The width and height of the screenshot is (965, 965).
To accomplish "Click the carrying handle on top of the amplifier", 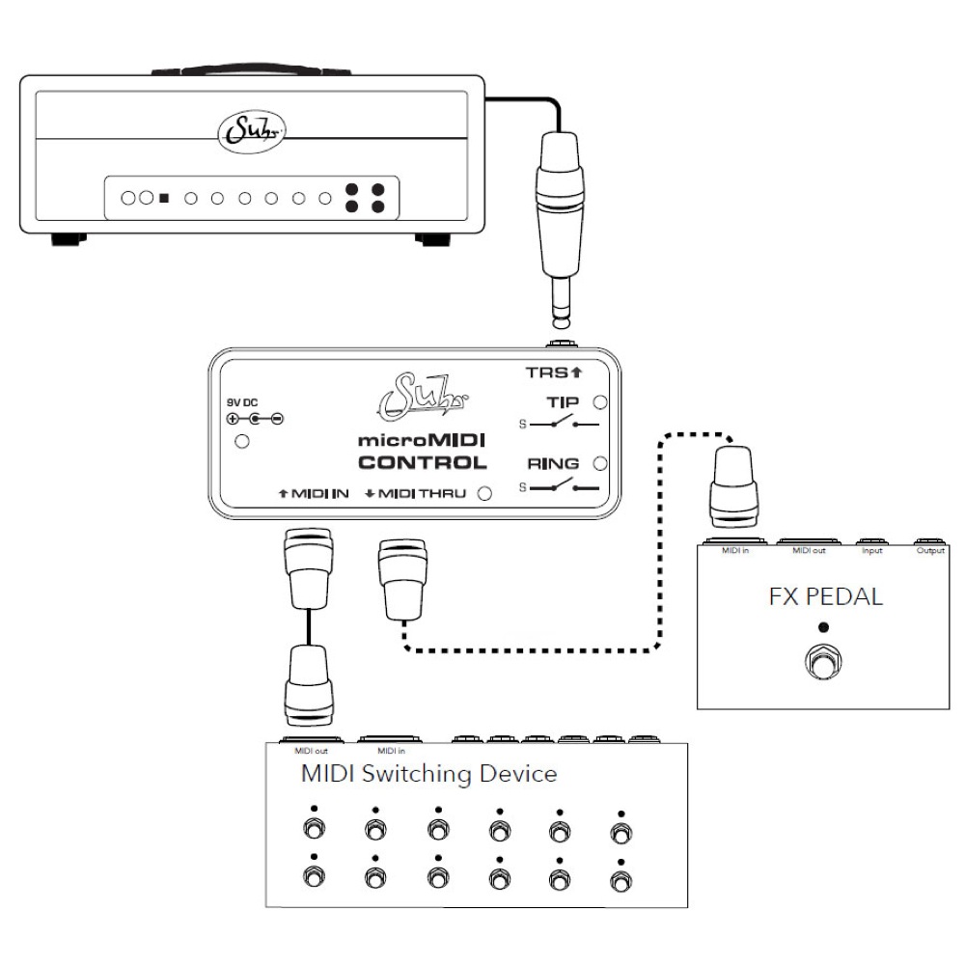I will [250, 70].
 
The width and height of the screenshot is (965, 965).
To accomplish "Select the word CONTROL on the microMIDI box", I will [423, 462].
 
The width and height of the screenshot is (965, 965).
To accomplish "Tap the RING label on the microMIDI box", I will [560, 462].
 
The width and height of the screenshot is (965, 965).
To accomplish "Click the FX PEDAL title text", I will [825, 595].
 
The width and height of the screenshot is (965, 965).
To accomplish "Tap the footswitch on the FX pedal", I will [821, 665].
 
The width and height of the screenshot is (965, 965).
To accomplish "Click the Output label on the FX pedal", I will [930, 551].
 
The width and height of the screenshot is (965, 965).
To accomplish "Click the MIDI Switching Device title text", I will [429, 773].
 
